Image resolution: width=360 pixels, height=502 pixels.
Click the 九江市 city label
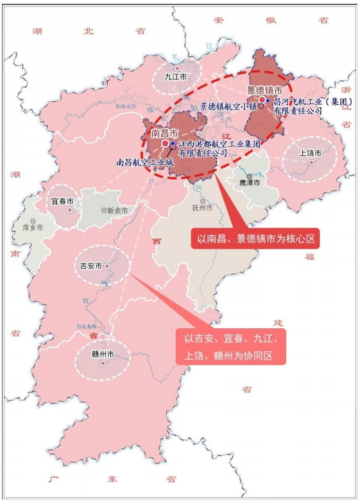175,76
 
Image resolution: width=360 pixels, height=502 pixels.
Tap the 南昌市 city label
164,133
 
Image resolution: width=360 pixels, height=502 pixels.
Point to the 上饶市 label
311,153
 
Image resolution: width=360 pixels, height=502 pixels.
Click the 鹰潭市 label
249,183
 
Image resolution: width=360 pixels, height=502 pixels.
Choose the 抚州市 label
205,208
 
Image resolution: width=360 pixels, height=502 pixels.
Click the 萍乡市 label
33,227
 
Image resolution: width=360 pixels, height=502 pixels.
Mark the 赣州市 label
102,354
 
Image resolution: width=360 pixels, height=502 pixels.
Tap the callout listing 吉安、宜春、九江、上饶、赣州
231,346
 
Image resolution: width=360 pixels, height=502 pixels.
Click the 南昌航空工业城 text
145,162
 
